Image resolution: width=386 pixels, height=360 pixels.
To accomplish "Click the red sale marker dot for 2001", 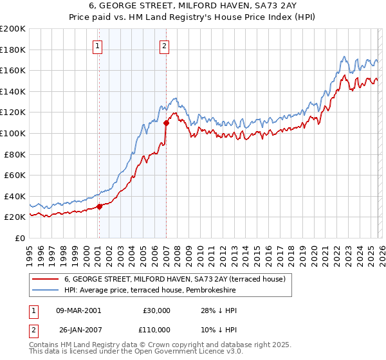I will click(x=99, y=206).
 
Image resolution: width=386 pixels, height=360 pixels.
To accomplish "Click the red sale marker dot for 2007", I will click(x=166, y=123).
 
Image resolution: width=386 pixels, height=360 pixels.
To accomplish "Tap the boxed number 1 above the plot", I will click(x=97, y=46).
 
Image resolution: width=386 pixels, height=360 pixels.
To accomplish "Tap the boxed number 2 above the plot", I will click(x=165, y=46).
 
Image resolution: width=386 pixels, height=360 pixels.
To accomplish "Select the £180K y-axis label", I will click(x=12, y=50).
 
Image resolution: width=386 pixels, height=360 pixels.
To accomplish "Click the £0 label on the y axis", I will click(x=19, y=238).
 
